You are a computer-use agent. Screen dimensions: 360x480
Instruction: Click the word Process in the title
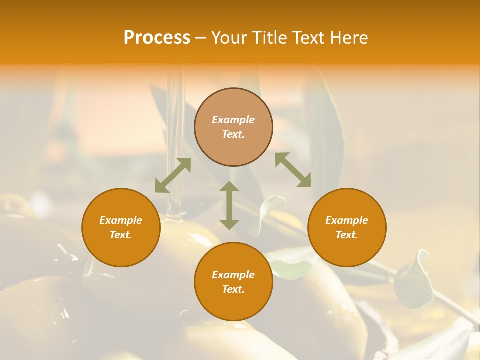157,38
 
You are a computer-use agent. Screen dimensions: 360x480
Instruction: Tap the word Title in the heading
270,38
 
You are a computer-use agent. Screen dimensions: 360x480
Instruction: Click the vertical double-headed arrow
229,205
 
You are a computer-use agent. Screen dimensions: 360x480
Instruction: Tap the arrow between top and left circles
173,175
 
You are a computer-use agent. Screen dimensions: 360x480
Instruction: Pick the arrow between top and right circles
293,170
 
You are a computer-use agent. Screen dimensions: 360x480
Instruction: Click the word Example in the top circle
233,120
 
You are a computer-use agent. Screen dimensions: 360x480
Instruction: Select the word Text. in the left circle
121,235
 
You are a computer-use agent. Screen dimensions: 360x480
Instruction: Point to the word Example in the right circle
347,220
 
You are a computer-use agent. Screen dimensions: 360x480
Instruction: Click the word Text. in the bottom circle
233,289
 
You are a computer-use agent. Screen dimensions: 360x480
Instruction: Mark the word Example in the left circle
121,220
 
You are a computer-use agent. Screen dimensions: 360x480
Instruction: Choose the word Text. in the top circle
233,134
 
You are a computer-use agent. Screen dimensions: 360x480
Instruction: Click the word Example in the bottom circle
233,275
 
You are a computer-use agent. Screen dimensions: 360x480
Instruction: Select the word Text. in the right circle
347,235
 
